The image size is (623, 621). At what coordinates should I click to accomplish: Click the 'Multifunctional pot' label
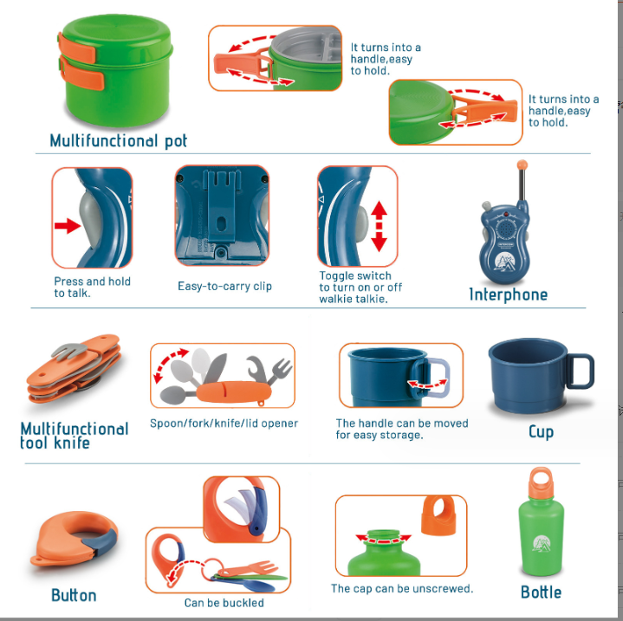pyautogui.click(x=118, y=140)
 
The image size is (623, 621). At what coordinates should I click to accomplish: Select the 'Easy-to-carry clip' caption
pyautogui.click(x=224, y=287)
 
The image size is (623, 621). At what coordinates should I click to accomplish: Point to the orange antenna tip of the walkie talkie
pyautogui.click(x=522, y=164)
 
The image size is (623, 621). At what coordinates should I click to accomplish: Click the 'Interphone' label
pyautogui.click(x=508, y=294)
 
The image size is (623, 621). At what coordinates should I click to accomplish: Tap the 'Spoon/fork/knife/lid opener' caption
pyautogui.click(x=224, y=424)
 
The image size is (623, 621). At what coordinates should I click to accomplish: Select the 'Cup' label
pyautogui.click(x=541, y=431)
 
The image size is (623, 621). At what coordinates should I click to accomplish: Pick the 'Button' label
pyautogui.click(x=74, y=595)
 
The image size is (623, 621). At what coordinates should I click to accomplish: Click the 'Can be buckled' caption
pyautogui.click(x=224, y=603)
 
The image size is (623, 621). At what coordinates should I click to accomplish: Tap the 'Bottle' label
pyautogui.click(x=541, y=592)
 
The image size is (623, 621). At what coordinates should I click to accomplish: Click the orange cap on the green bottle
pyautogui.click(x=542, y=482)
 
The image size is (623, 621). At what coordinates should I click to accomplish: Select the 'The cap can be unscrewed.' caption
pyautogui.click(x=402, y=589)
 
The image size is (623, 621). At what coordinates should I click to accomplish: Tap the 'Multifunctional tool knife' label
pyautogui.click(x=74, y=435)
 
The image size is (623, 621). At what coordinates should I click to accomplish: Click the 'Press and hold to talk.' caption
pyautogui.click(x=92, y=288)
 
